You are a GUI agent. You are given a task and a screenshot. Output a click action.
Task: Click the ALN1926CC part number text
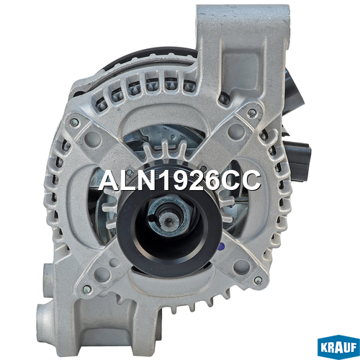pos(179,181)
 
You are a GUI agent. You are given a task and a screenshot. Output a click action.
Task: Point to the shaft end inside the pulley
pos(168,220)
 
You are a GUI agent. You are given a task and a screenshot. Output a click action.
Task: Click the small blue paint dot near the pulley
pos(222,246)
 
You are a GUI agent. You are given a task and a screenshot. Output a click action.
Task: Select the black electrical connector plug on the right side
pos(299,158)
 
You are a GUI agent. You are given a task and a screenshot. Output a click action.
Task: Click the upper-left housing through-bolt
pos(75,122)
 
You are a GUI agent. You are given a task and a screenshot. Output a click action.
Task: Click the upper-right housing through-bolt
pos(252,112)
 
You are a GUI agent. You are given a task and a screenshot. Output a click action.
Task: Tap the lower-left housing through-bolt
pos(87,289)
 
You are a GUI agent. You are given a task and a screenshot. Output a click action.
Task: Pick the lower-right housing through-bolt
pos(258,280)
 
